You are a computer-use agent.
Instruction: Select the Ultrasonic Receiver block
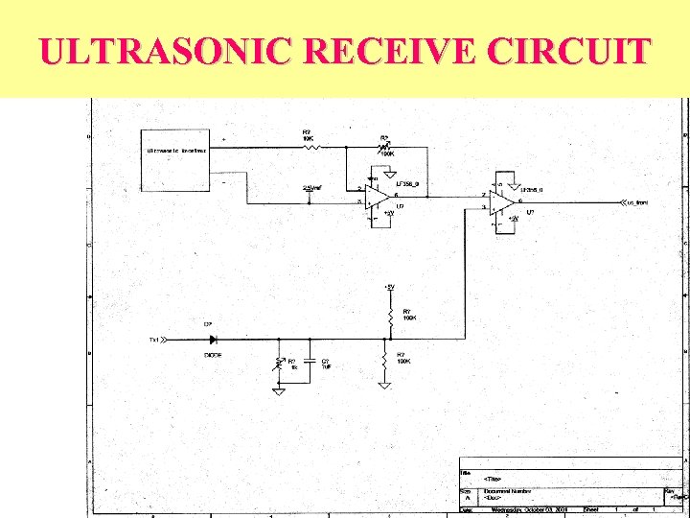[176, 159]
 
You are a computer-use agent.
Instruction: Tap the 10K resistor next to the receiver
[307, 145]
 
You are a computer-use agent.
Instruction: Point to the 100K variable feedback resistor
[385, 146]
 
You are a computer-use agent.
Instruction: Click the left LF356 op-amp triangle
[376, 197]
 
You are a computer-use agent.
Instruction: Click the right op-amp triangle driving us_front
[502, 202]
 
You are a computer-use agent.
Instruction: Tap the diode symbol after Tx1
[213, 339]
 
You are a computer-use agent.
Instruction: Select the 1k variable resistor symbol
[279, 363]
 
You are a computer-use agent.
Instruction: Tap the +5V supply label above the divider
[388, 287]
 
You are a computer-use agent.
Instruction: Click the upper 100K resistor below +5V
[390, 315]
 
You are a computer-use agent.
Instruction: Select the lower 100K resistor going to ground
[384, 361]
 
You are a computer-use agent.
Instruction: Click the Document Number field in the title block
[508, 491]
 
